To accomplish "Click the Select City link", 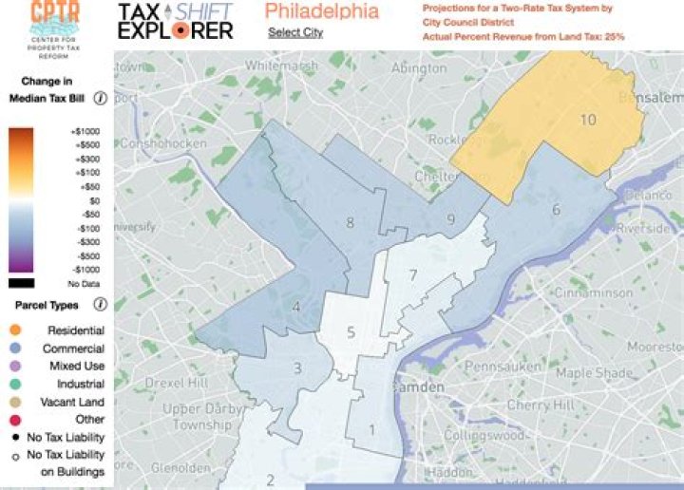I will pyautogui.click(x=295, y=32).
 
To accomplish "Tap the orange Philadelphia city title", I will pyautogui.click(x=321, y=11).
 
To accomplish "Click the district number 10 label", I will pyautogui.click(x=588, y=120).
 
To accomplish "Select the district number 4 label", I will pyautogui.click(x=296, y=307).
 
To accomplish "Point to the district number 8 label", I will pyautogui.click(x=350, y=223).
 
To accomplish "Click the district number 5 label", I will pyautogui.click(x=351, y=332).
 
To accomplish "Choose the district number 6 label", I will pyautogui.click(x=556, y=209).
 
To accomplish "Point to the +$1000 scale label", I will pyautogui.click(x=85, y=131).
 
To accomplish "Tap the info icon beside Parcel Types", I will pyautogui.click(x=100, y=305).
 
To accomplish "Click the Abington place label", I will pyautogui.click(x=419, y=68).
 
